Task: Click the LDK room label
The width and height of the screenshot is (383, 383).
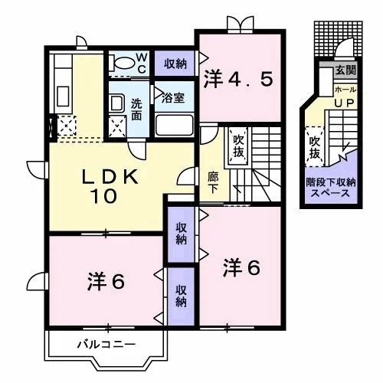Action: (110, 177)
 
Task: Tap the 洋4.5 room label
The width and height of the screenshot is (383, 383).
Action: (238, 80)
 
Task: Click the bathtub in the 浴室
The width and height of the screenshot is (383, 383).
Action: (175, 126)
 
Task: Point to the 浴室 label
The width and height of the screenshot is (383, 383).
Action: (173, 98)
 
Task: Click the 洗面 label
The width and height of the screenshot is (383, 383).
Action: (136, 110)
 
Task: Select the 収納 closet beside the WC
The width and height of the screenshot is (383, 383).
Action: (175, 64)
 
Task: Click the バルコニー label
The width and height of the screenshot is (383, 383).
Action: (106, 345)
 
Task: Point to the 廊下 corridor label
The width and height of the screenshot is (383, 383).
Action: (212, 182)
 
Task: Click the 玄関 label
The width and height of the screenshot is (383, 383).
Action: (345, 70)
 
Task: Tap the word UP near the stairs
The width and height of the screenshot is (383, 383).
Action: (344, 103)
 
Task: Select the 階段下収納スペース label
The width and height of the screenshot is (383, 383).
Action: (331, 188)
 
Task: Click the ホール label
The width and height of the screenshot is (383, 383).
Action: (345, 90)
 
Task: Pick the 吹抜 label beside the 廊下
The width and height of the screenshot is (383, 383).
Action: (238, 146)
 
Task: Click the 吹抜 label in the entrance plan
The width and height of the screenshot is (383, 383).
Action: (315, 148)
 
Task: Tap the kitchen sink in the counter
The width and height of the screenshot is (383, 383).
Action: (63, 97)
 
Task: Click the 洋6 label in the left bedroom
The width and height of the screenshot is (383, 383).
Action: (106, 282)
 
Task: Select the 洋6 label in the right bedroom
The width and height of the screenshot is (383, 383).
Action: (241, 267)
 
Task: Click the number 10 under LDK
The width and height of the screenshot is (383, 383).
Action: (104, 196)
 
